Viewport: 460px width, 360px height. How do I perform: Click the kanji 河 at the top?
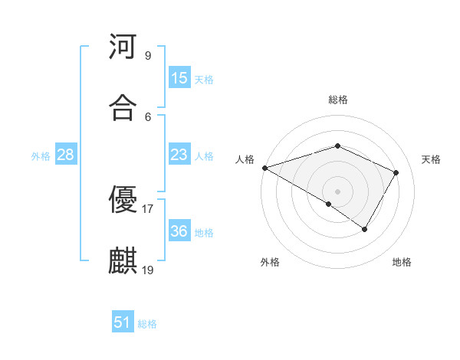pyautogui.click(x=123, y=47)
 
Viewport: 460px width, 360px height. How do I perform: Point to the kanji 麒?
pyautogui.click(x=123, y=261)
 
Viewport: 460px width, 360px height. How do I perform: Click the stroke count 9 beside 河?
pyautogui.click(x=148, y=55)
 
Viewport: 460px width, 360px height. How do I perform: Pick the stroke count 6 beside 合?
pyautogui.click(x=148, y=116)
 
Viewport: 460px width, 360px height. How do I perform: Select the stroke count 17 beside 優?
pyautogui.click(x=148, y=208)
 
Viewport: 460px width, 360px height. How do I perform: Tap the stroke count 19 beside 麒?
pyautogui.click(x=148, y=270)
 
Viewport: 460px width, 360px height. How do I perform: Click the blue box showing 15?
pyautogui.click(x=179, y=78)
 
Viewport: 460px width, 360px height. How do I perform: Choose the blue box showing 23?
pyautogui.click(x=179, y=155)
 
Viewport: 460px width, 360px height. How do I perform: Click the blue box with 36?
pyautogui.click(x=179, y=231)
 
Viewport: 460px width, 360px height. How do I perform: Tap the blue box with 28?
pyautogui.click(x=66, y=155)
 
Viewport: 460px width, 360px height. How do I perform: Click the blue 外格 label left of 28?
pyautogui.click(x=41, y=156)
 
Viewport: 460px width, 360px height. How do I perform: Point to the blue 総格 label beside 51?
pyautogui.click(x=147, y=324)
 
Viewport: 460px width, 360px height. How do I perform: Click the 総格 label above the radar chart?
pyautogui.click(x=337, y=100)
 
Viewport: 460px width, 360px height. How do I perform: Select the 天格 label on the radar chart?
pyautogui.click(x=431, y=159)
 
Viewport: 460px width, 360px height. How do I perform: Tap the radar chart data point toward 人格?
pyautogui.click(x=264, y=168)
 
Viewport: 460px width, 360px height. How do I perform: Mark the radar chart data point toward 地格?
pyautogui.click(x=365, y=229)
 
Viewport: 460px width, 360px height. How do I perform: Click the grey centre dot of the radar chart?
pyautogui.click(x=337, y=191)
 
